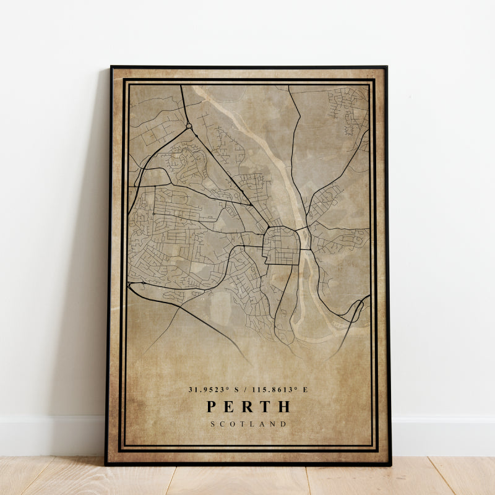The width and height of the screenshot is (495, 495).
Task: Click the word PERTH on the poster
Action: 248,407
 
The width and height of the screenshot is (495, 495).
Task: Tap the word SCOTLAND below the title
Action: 248,424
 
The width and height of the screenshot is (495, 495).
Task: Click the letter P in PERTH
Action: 212,407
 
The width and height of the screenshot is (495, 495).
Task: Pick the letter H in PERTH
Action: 284,407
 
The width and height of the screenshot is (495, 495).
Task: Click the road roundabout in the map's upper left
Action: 189,126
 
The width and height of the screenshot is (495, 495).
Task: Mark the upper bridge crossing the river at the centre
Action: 304,230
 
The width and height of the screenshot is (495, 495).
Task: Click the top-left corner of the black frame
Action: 111,67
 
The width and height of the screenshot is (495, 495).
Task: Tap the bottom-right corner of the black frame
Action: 390,464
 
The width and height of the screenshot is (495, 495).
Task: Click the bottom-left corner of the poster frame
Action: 106,464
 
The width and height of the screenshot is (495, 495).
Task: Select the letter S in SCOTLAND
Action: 212,424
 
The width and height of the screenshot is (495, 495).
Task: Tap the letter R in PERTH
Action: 247,407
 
